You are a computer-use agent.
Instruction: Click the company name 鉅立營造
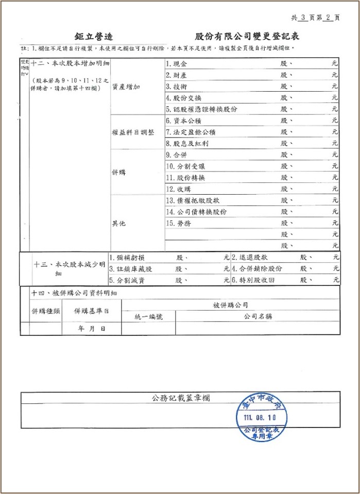coord(94,37)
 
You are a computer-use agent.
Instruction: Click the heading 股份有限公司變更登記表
coord(247,37)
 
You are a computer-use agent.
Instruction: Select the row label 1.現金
coord(176,63)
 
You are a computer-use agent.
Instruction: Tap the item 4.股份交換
coord(184,97)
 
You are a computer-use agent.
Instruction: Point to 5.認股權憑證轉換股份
coord(201,109)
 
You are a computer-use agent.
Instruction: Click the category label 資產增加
coord(126,87)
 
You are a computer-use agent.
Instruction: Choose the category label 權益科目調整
coord(133,132)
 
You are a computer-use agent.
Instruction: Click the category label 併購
coord(119,173)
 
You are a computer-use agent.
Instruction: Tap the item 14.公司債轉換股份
coord(196,212)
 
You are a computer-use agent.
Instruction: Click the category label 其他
coord(119,224)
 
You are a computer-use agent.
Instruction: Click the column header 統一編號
coord(148,317)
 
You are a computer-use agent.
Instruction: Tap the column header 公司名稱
coord(258,316)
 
